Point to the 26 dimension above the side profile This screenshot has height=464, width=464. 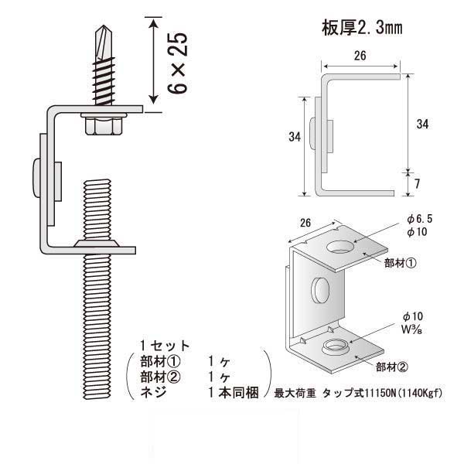pos(360,56)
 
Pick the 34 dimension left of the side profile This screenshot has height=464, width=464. pos(293,137)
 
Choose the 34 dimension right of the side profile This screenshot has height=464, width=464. pos(421,124)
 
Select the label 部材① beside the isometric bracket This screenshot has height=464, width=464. pos(401,263)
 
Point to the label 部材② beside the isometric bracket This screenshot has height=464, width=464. pos(393,367)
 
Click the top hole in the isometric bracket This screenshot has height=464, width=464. pos(339,248)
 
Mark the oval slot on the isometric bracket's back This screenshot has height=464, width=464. pos(319,291)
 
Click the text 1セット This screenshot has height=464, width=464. pos(165,345)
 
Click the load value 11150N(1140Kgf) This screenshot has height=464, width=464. pos(408,391)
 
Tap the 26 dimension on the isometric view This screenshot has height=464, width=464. pos(305,223)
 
